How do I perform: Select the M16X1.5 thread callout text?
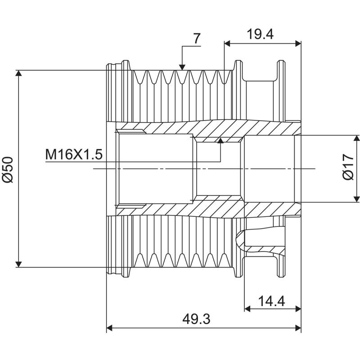[x=74, y=155]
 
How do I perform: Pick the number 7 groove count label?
[x=197, y=39]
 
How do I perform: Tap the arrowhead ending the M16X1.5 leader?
[x=220, y=140]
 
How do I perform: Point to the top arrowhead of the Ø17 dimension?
[x=356, y=138]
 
